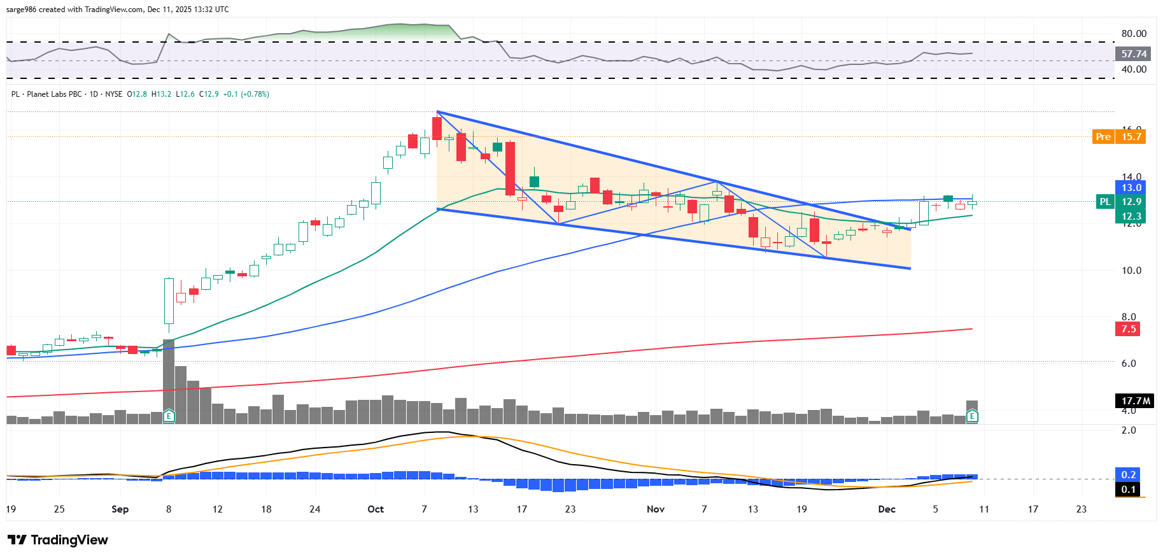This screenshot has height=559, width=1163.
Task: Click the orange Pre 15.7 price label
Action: (x=1119, y=137)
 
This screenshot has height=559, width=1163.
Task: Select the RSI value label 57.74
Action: (x=1134, y=54)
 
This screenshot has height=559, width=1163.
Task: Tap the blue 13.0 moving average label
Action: (x=1131, y=188)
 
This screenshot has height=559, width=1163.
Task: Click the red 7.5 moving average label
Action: (x=1128, y=329)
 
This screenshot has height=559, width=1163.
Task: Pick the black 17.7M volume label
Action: (x=1135, y=401)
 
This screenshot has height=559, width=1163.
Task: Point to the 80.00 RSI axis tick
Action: (x=1134, y=34)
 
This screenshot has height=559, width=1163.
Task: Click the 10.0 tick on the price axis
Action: (x=1131, y=271)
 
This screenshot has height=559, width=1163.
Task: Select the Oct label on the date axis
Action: (x=376, y=509)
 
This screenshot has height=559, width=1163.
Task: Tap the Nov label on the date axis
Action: (x=655, y=509)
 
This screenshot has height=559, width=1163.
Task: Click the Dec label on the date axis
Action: (x=886, y=509)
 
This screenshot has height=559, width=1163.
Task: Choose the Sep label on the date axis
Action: (x=120, y=509)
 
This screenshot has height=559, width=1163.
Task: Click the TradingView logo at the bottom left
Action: (x=58, y=540)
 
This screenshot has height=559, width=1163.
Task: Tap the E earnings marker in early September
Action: (x=169, y=416)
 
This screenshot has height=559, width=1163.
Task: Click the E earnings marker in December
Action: (x=972, y=416)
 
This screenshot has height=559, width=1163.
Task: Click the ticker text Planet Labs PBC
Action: (x=54, y=94)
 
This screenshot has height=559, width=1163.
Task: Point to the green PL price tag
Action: (x=1105, y=202)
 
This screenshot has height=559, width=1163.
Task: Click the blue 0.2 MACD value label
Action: (x=1128, y=475)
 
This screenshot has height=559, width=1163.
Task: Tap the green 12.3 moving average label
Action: (x=1131, y=216)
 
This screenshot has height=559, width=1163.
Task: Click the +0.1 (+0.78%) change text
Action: (x=246, y=94)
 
